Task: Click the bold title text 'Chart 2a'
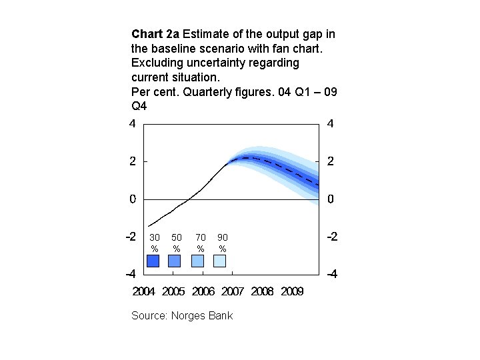click(155, 33)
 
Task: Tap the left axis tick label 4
click(133, 124)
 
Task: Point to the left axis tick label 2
click(133, 161)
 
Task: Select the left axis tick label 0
click(133, 199)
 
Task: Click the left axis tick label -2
click(131, 237)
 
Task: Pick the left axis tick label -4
click(131, 274)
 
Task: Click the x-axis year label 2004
click(145, 291)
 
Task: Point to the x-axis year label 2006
click(203, 291)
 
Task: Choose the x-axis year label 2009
click(291, 291)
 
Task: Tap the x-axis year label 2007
click(233, 291)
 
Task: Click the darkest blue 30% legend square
click(153, 261)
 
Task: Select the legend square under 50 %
click(176, 261)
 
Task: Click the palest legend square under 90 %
click(220, 261)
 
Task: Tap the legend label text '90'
click(223, 237)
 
